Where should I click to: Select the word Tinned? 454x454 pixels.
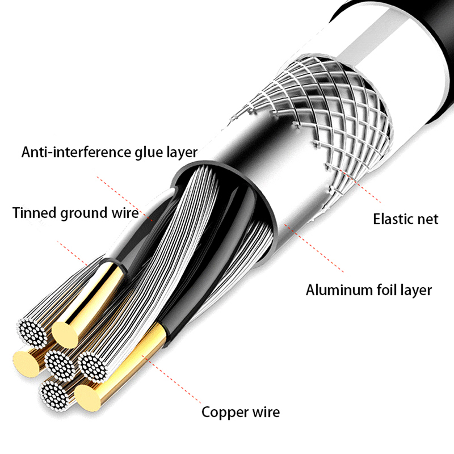[x=35, y=213]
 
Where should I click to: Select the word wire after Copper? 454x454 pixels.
[x=265, y=412]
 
